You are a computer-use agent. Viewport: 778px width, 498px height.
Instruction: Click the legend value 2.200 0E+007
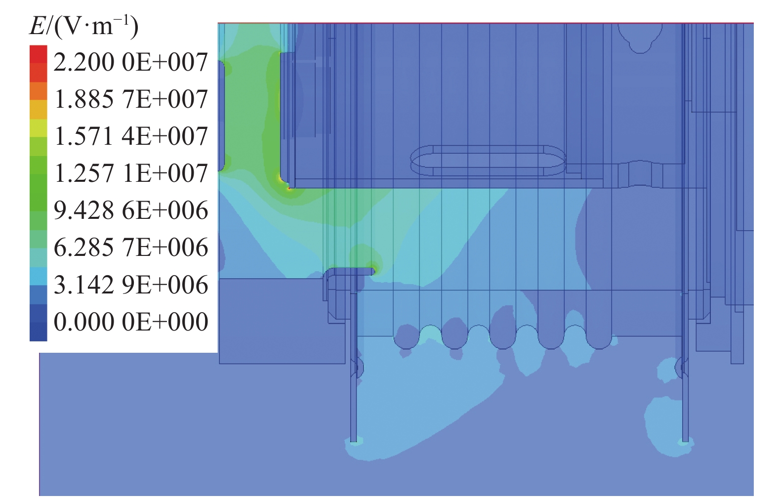130,62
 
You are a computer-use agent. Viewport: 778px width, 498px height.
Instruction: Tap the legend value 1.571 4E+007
130,136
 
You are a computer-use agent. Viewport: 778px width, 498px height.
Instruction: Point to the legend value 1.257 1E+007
130,173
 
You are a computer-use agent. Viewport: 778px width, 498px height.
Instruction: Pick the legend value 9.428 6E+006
130,210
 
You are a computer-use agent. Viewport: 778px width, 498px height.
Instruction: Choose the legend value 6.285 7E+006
130,247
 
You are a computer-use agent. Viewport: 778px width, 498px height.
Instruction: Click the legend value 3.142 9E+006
130,285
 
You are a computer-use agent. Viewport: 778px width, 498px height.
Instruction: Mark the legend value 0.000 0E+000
130,322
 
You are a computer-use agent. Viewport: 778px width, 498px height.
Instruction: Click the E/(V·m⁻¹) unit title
83,27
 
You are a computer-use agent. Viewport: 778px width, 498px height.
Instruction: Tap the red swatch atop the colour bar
38,54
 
